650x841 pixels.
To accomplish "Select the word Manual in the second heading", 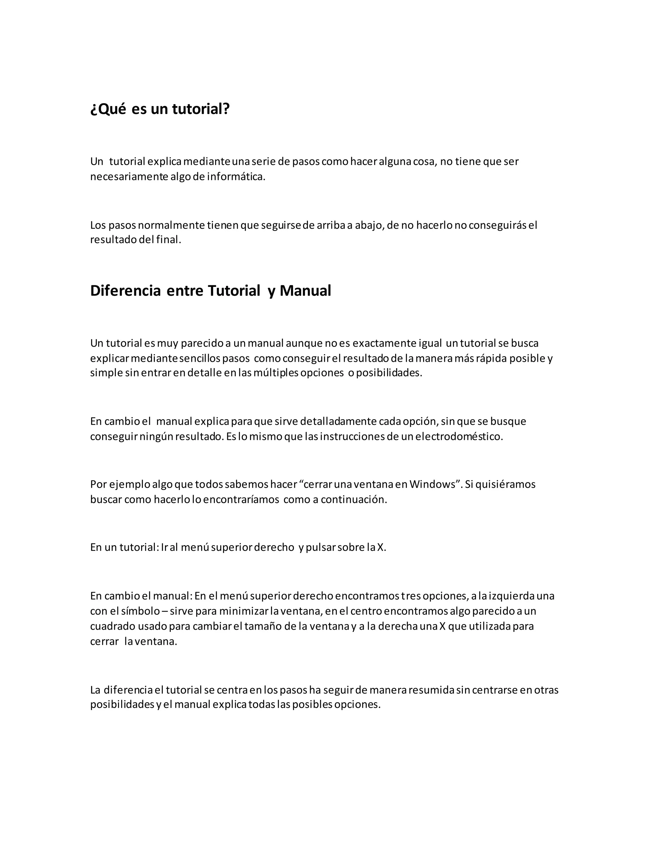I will click(305, 291).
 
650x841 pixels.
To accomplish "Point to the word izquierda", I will click(511, 596).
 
